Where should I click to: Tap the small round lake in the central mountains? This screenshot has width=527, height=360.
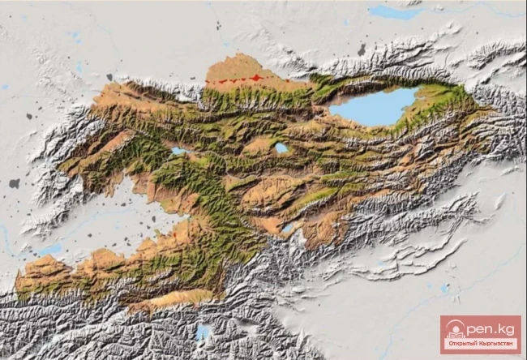point(281,148)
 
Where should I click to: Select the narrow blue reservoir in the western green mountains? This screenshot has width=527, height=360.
point(178,151)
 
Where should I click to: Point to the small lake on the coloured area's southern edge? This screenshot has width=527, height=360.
point(289,229)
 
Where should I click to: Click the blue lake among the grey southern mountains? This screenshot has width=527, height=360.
point(203,332)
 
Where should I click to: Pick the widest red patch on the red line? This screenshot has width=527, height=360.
point(257,78)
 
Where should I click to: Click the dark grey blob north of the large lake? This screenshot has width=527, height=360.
point(362,50)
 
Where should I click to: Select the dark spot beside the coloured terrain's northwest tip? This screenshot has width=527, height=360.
point(109,78)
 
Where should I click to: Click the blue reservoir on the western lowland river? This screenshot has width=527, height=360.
point(50,250)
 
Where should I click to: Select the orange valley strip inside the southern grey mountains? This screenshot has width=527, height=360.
point(166,301)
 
